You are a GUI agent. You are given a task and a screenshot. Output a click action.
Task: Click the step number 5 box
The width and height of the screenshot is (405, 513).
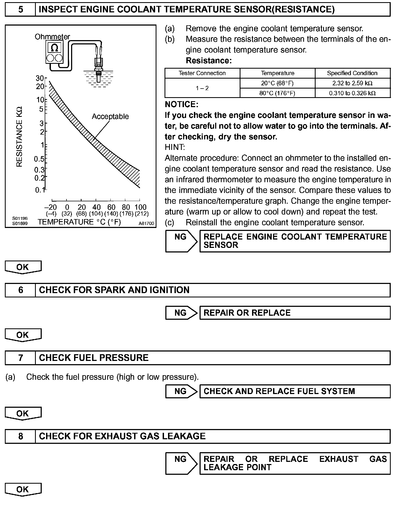click(x=20, y=10)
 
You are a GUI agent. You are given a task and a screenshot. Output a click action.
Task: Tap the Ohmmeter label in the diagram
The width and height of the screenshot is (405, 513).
click(x=52, y=37)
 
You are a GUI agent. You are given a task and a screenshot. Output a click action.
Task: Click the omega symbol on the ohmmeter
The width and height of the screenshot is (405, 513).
click(x=54, y=48)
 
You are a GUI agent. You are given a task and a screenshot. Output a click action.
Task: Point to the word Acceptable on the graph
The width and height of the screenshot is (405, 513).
click(x=110, y=117)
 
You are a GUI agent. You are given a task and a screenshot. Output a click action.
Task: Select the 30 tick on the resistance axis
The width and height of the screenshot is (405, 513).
click(x=40, y=78)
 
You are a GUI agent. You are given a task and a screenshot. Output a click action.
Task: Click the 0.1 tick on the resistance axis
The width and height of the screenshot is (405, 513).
click(x=40, y=190)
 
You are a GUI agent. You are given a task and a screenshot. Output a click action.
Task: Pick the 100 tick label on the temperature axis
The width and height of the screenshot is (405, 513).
click(x=141, y=207)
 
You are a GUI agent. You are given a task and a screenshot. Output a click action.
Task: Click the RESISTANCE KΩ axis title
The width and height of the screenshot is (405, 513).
click(x=19, y=137)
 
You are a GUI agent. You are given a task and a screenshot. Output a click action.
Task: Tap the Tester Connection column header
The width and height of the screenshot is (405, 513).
click(x=202, y=73)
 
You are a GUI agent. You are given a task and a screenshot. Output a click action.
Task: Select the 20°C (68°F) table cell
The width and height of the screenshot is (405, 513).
click(x=277, y=83)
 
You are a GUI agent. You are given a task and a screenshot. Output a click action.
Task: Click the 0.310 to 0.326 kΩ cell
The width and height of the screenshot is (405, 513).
click(x=352, y=93)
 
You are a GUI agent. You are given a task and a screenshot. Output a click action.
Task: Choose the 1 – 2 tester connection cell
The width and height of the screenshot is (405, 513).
click(x=202, y=88)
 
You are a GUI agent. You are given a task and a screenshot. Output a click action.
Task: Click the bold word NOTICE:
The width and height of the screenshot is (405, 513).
click(x=181, y=104)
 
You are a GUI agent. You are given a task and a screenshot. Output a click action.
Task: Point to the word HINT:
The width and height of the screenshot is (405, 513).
click(x=175, y=147)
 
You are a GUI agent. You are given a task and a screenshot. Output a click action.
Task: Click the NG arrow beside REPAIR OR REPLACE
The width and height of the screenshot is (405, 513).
click(x=181, y=313)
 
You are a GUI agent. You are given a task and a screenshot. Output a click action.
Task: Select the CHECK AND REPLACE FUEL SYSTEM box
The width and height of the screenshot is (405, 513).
click(x=295, y=391)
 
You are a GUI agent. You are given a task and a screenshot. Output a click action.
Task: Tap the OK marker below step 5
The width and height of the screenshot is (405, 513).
click(x=23, y=267)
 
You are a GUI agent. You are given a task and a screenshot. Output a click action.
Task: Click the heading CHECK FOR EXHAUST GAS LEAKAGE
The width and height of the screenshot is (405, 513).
click(x=122, y=436)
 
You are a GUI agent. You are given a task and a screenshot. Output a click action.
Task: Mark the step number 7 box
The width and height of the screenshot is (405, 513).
click(x=20, y=358)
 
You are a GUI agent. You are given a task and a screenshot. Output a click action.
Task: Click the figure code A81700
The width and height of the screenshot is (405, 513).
click(x=146, y=223)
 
